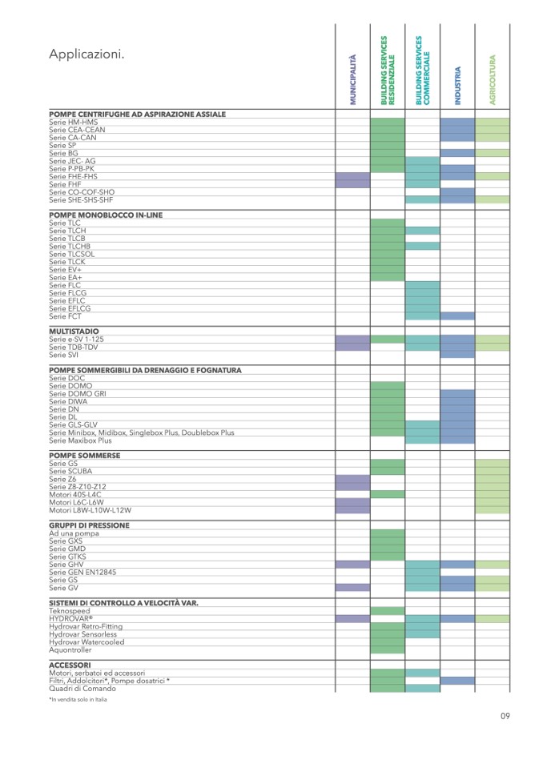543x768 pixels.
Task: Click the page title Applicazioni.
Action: click(x=86, y=54)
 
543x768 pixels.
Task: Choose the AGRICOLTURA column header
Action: click(x=493, y=79)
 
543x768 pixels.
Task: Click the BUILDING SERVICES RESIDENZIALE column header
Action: click(x=388, y=70)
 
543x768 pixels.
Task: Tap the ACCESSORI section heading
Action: click(x=70, y=665)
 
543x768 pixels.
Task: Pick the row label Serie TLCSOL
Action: click(x=71, y=255)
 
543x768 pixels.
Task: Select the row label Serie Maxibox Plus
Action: click(x=80, y=440)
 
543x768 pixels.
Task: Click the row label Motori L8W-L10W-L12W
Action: click(x=90, y=510)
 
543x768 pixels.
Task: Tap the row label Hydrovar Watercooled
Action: click(x=86, y=642)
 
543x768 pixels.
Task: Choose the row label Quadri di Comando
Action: click(x=82, y=689)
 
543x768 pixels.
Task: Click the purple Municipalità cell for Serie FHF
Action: click(x=352, y=184)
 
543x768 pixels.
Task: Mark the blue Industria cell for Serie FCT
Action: click(x=457, y=316)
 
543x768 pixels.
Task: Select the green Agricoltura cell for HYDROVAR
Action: click(x=493, y=619)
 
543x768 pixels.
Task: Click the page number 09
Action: click(x=505, y=716)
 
